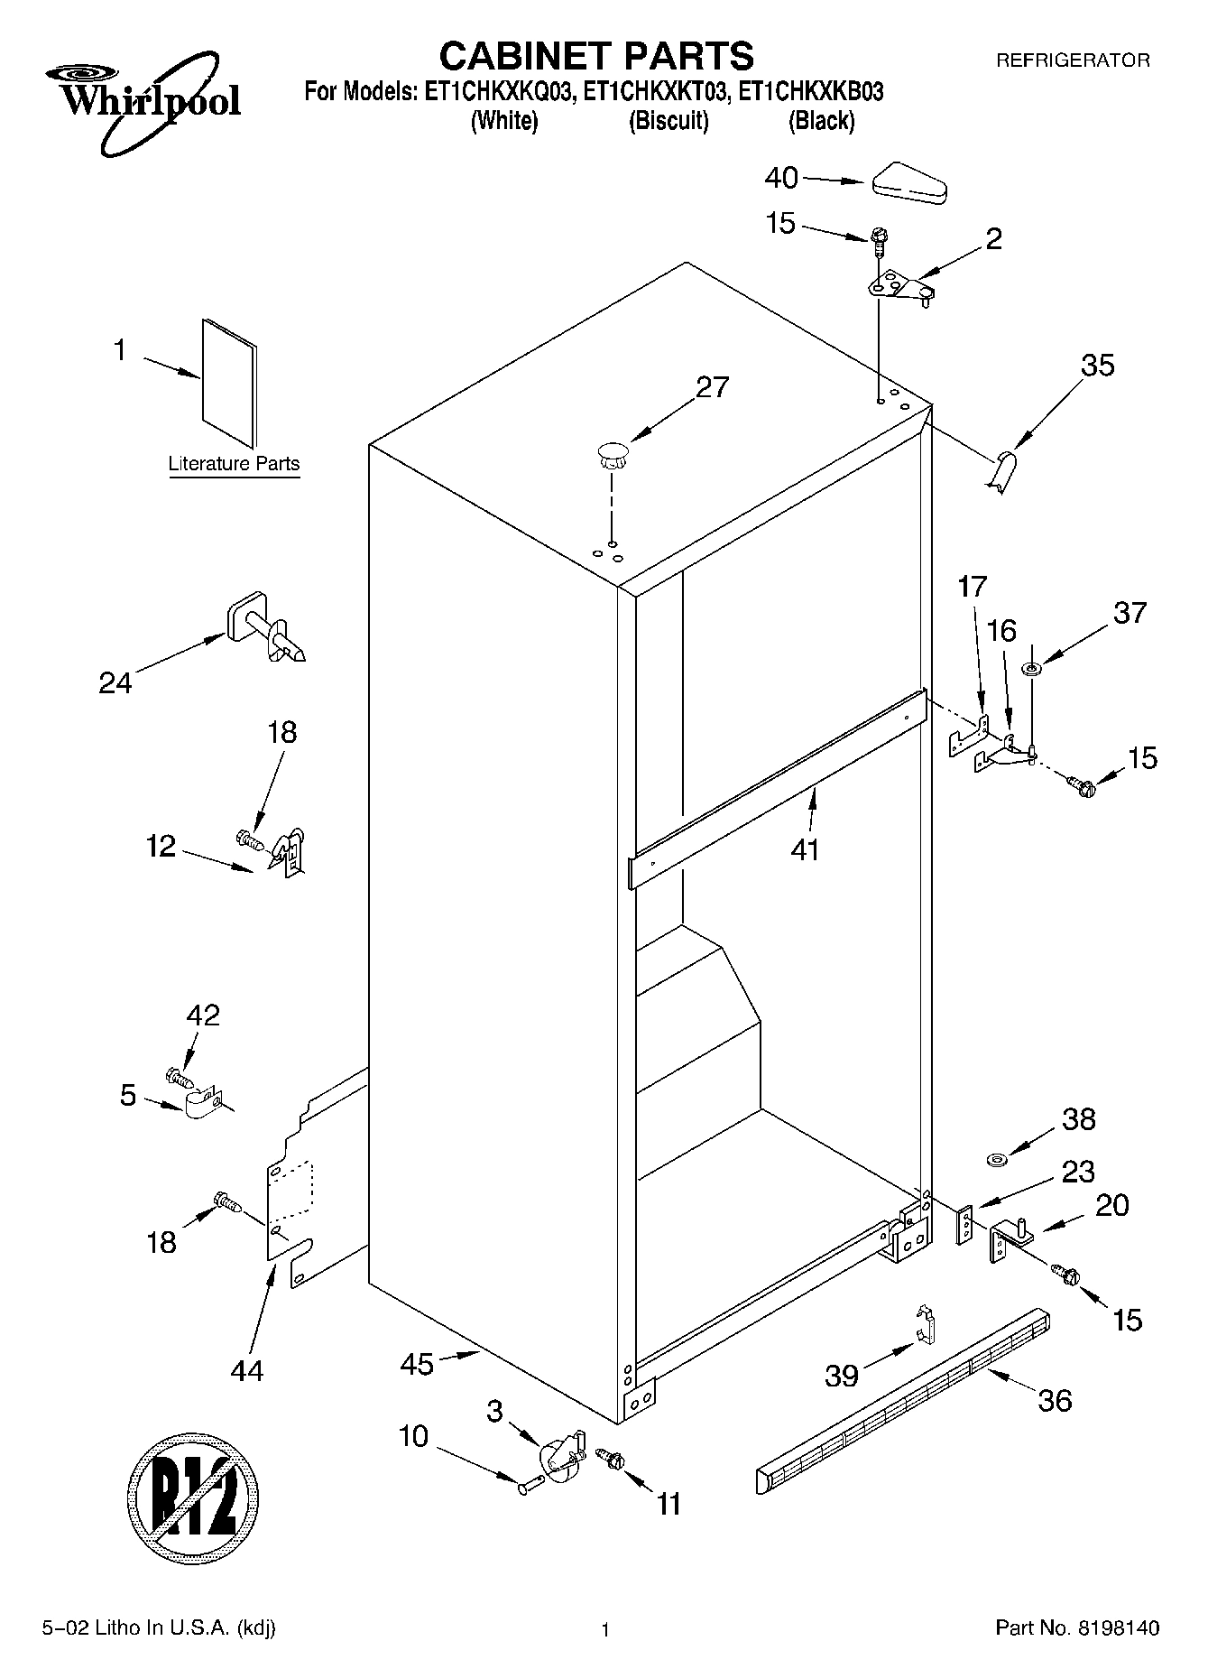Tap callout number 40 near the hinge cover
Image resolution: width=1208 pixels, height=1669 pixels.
click(x=781, y=178)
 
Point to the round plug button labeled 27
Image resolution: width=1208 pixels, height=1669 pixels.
click(x=611, y=454)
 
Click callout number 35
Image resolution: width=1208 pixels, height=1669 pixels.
click(x=1097, y=366)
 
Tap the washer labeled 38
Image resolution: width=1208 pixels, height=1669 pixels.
click(x=997, y=1158)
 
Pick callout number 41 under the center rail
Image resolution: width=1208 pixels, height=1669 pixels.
click(x=805, y=848)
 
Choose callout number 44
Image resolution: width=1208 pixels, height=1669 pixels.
click(x=246, y=1370)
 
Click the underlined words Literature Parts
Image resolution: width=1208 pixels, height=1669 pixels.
click(x=234, y=464)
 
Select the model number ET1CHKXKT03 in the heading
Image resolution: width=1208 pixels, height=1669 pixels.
click(x=654, y=91)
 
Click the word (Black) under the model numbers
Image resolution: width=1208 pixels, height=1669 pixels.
click(x=821, y=120)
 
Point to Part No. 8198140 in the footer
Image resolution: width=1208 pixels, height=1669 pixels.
click(x=1076, y=1628)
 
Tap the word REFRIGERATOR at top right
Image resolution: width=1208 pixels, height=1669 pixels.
click(x=1072, y=60)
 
